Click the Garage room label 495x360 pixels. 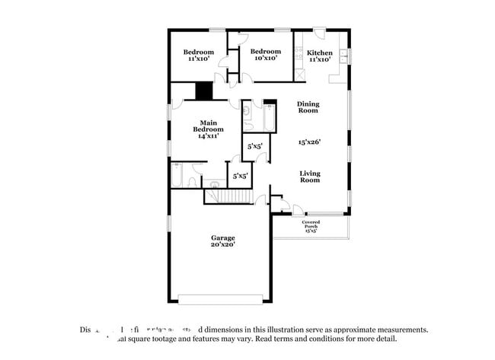tap(222, 237)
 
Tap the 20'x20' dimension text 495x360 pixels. tap(222, 244)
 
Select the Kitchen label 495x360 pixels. tap(319, 53)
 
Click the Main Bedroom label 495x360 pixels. tap(211, 126)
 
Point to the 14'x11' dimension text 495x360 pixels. tap(211, 137)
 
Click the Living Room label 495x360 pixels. tap(309, 176)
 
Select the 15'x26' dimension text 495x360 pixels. tap(311, 142)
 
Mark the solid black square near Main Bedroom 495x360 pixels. tap(203, 91)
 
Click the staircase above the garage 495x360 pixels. tap(228, 197)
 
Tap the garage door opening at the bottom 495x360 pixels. tap(222, 298)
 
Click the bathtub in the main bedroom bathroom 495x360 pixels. tap(176, 175)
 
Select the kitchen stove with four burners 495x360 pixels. tap(300, 75)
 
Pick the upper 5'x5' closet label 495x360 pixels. tap(254, 146)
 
